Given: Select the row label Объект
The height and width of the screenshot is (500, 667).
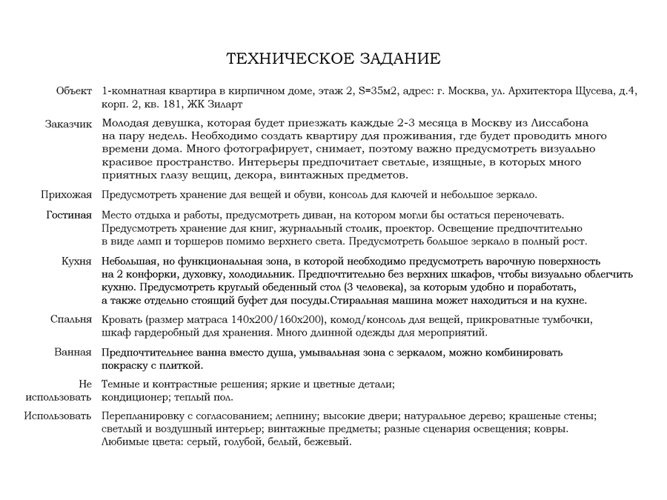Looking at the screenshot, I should (73, 91).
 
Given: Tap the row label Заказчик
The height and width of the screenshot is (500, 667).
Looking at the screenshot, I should (68, 124).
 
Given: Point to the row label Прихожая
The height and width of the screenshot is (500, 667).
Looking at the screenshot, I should (66, 195).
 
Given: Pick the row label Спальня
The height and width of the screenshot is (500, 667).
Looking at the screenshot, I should (71, 320).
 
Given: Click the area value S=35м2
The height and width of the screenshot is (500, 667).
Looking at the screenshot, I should (377, 91).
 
